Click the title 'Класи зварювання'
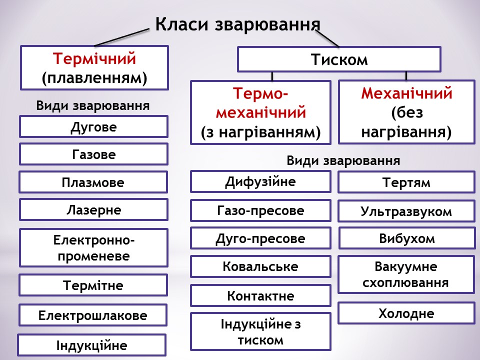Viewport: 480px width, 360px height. (x=237, y=24)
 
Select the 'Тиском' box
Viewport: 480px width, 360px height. (x=339, y=59)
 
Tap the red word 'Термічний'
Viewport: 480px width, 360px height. (x=94, y=59)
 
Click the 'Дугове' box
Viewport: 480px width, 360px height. (x=93, y=126)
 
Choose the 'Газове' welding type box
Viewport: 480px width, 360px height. (x=93, y=154)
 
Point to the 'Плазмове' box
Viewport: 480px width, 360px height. (x=93, y=182)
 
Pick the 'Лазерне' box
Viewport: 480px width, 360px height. (x=93, y=209)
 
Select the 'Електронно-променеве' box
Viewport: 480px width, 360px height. (x=93, y=248)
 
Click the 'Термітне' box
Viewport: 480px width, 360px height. (x=93, y=285)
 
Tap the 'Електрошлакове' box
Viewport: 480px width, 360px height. (x=93, y=315)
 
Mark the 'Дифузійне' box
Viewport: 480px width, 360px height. (x=260, y=181)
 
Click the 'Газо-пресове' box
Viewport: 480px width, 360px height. (x=260, y=210)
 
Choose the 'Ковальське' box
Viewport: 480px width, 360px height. (x=260, y=266)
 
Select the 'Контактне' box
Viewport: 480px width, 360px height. (x=260, y=295)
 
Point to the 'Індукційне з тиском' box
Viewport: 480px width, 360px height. (x=260, y=331)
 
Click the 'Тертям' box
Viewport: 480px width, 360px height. (x=406, y=182)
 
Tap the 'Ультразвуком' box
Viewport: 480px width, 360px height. (x=406, y=211)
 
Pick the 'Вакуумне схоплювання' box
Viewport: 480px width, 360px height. (x=406, y=274)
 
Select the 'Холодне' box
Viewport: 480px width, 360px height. (x=406, y=313)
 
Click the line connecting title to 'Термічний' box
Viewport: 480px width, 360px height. (x=122, y=37)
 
